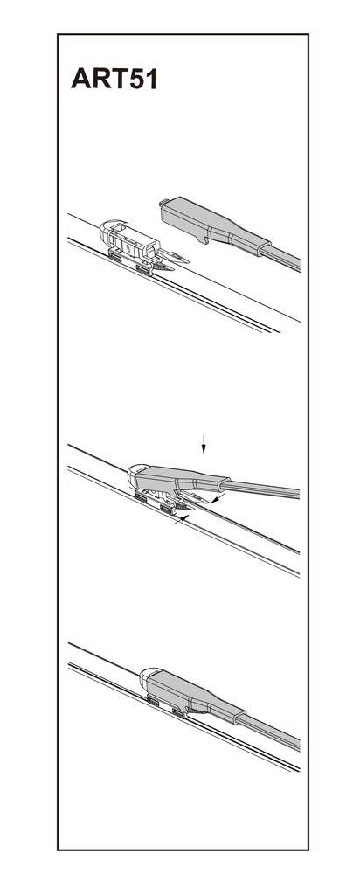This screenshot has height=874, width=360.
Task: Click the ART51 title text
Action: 114,79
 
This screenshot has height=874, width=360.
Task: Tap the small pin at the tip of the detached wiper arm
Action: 163,202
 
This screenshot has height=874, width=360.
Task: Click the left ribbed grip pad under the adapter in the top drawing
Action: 118,256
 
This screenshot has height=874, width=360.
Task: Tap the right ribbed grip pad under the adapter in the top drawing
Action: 144,270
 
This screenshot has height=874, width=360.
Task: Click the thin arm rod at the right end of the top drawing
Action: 280,258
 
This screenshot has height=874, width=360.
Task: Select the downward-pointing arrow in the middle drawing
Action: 204,444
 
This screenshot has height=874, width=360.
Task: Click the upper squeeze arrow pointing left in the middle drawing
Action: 218,498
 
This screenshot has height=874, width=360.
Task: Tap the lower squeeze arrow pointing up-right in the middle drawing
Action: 181,521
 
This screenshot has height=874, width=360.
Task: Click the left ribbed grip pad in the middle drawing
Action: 142,497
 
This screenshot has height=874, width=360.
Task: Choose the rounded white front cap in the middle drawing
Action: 135,475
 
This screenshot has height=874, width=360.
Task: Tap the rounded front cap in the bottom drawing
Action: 146,679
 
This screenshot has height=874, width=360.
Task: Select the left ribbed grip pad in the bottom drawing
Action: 153,702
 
